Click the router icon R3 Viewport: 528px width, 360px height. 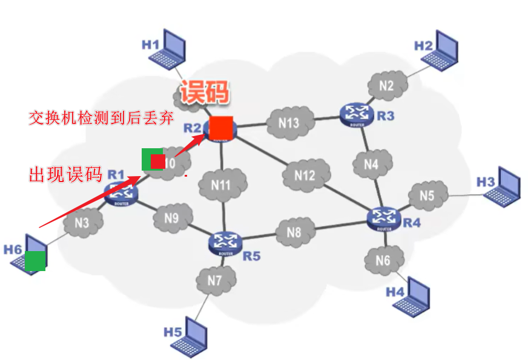click(x=352, y=113)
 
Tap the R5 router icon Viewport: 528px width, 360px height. click(x=225, y=241)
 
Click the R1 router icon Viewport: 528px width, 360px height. click(x=121, y=193)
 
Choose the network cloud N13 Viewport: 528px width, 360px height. click(x=289, y=123)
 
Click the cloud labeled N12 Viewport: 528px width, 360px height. click(x=305, y=175)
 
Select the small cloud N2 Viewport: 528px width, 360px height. click(x=386, y=86)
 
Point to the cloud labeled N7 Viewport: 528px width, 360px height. click(x=215, y=280)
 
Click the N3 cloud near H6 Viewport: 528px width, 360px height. click(x=82, y=223)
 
